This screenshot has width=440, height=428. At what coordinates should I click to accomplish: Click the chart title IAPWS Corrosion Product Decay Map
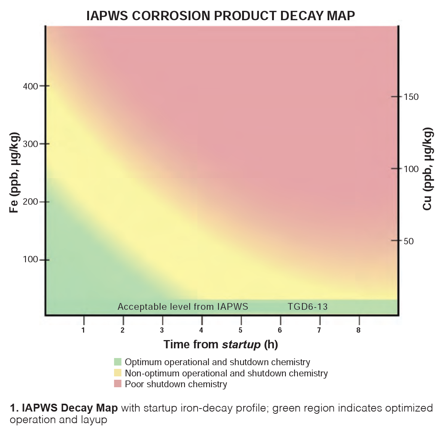tap(220, 16)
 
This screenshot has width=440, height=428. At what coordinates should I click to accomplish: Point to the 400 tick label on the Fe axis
tap(30, 86)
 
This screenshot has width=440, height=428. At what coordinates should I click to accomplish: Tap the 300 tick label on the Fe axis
tap(30, 144)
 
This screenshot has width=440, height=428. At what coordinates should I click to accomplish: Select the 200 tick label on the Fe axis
tap(30, 202)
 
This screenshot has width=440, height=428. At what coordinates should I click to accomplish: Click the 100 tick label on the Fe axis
tap(30, 260)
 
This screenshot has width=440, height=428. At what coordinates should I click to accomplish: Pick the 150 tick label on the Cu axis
tap(411, 97)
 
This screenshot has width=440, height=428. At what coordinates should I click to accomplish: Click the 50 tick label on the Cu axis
tap(409, 241)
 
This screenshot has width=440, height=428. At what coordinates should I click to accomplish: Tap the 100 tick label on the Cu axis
tap(411, 169)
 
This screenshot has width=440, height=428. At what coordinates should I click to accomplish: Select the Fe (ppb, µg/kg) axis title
tap(14, 172)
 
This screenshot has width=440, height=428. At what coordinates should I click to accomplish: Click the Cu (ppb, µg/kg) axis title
tap(427, 169)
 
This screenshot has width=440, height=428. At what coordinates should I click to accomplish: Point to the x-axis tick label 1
tap(83, 330)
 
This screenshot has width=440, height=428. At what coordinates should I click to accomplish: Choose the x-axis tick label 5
tap(241, 330)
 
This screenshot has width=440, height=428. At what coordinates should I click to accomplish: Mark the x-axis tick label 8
tap(358, 330)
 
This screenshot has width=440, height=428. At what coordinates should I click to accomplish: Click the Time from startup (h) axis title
tap(220, 344)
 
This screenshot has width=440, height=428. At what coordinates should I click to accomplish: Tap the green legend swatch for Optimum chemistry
tap(118, 362)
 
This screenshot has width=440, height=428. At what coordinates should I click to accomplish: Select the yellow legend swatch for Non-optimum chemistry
tap(118, 373)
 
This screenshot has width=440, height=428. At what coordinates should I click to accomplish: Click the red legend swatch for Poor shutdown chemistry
tap(118, 384)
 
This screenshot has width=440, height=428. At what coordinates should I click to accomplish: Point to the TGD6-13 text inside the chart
tap(308, 307)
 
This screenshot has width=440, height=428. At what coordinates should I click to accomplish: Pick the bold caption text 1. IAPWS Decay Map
tap(64, 408)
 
